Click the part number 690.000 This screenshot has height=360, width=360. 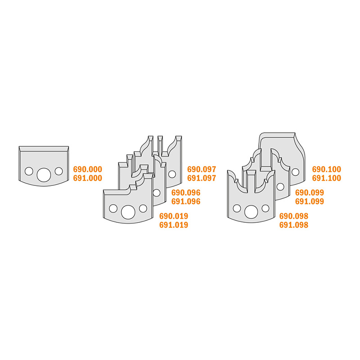tap(87, 170)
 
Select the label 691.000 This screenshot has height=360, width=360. tap(87, 178)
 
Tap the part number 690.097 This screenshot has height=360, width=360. tap(202, 170)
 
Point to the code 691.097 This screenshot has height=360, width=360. tap(202, 178)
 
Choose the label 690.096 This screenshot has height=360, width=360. tap(186, 193)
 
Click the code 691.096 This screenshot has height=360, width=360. tap(186, 202)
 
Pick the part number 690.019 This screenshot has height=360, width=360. tap(174, 216)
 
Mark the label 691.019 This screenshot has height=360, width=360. tap(174, 225)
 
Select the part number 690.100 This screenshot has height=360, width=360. tap(327, 170)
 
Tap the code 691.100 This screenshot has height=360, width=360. tap(327, 178)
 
